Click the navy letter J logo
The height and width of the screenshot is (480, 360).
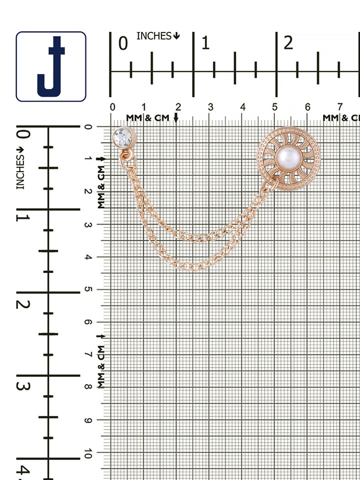click(51, 66)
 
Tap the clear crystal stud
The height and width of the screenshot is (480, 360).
click(123, 138)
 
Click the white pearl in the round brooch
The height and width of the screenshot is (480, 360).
click(288, 158)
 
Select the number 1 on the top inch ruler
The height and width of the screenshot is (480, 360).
click(205, 43)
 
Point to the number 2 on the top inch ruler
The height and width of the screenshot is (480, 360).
click(288, 43)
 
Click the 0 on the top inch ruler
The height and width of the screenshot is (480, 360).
click(123, 43)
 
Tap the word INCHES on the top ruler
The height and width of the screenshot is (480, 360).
click(154, 36)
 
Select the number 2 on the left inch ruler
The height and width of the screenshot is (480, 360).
click(23, 304)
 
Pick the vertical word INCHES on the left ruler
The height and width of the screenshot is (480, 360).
click(20, 171)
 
